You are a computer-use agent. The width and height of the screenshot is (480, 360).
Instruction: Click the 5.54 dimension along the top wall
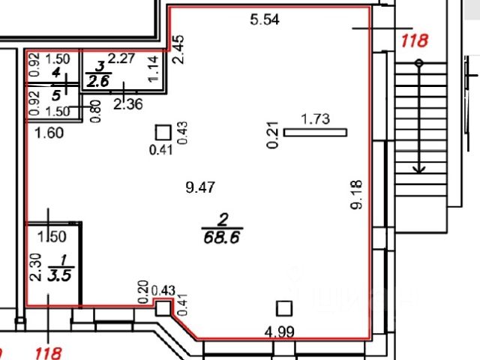click(x=264, y=21)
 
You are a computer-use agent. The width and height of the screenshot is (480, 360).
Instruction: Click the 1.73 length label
click(x=315, y=118)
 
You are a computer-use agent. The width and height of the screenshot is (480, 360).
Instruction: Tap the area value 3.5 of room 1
click(x=61, y=274)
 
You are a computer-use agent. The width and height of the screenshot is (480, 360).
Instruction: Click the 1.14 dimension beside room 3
click(x=154, y=70)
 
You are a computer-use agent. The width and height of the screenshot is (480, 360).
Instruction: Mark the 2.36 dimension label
click(x=127, y=104)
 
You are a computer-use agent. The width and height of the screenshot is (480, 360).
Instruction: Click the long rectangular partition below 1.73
click(x=315, y=133)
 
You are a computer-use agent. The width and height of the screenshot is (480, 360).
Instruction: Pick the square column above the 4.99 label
click(x=283, y=308)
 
